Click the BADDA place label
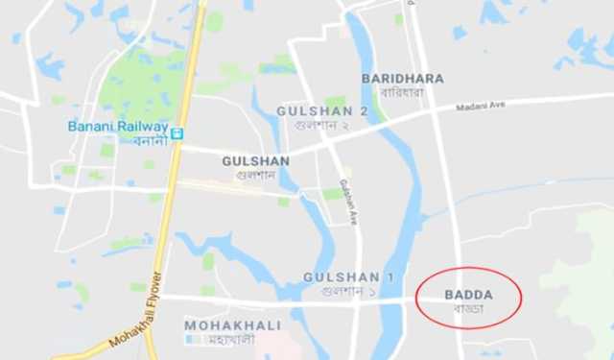tap(468, 295)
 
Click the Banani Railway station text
tap(117, 126)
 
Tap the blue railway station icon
tap(178, 129)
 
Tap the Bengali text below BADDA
tap(469, 309)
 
